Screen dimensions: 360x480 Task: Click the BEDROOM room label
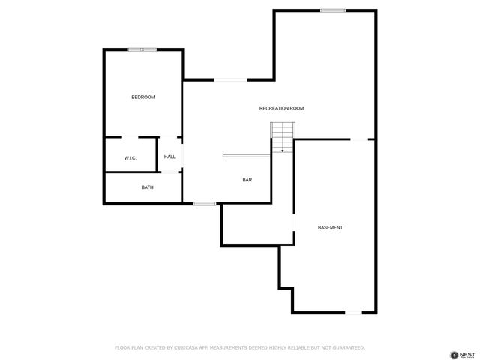142,97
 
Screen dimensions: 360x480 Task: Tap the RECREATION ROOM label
281,109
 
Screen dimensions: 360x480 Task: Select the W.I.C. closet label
130,157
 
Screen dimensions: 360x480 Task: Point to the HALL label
169,157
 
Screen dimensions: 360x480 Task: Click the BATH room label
147,187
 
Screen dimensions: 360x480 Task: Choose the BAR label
247,180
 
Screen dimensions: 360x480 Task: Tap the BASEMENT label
330,227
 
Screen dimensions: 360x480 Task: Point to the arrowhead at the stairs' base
283,151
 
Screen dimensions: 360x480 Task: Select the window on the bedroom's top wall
142,49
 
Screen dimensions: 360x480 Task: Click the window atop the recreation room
333,10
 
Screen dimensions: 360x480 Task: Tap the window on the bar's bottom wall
204,203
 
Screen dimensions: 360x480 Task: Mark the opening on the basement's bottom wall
352,312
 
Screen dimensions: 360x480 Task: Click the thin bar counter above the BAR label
246,156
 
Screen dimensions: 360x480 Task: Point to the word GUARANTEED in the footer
347,347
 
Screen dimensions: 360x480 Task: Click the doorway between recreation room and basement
361,139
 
